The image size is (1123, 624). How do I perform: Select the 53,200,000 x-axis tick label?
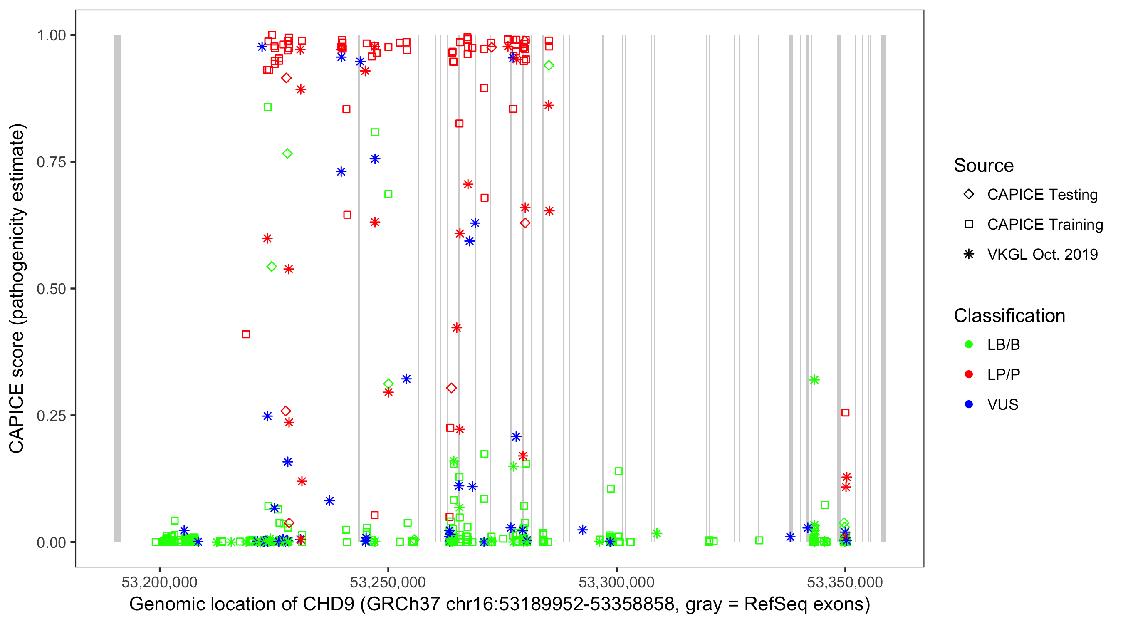160,582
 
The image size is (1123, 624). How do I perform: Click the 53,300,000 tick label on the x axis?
616,582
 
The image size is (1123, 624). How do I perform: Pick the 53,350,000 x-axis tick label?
845,582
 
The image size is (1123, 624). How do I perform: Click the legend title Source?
984,166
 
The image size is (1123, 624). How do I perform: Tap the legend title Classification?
1009,316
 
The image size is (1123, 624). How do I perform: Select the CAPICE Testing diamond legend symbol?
969,195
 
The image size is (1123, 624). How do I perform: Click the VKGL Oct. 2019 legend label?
1042,255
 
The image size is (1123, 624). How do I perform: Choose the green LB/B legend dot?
969,345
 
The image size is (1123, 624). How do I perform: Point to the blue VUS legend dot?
969,405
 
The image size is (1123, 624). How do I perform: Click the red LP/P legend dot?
969,374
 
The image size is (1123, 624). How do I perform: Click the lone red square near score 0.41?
246,334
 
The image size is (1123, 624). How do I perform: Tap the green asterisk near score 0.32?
814,380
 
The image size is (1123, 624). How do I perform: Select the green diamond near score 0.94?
549,66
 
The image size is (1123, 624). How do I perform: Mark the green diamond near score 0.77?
287,154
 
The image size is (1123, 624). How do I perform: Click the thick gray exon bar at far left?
117,288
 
